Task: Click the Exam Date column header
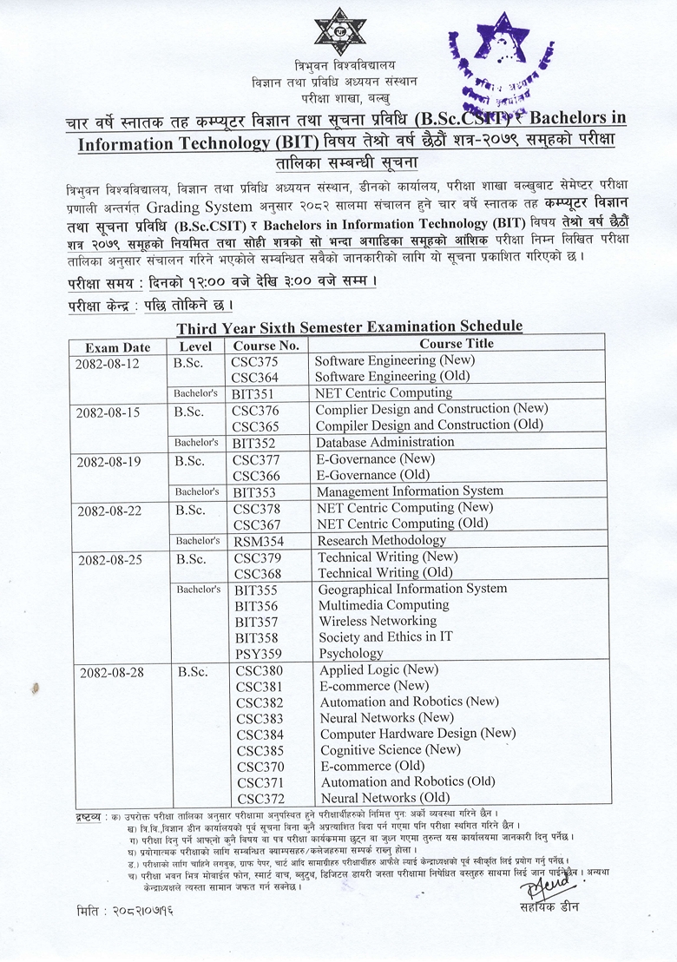[x=118, y=346]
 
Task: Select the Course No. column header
[x=266, y=346]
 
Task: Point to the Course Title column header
[x=457, y=344]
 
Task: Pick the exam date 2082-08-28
[x=110, y=672]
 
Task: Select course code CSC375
[x=255, y=360]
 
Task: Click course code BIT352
[x=254, y=443]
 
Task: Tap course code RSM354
[x=257, y=541]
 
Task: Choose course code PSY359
[x=258, y=654]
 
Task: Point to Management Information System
[x=409, y=491]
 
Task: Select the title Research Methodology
[x=382, y=540]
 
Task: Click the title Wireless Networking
[x=378, y=621]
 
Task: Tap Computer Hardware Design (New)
[x=417, y=734]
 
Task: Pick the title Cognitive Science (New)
[x=391, y=750]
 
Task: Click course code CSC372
[x=260, y=799]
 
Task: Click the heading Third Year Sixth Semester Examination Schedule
[x=350, y=326]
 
